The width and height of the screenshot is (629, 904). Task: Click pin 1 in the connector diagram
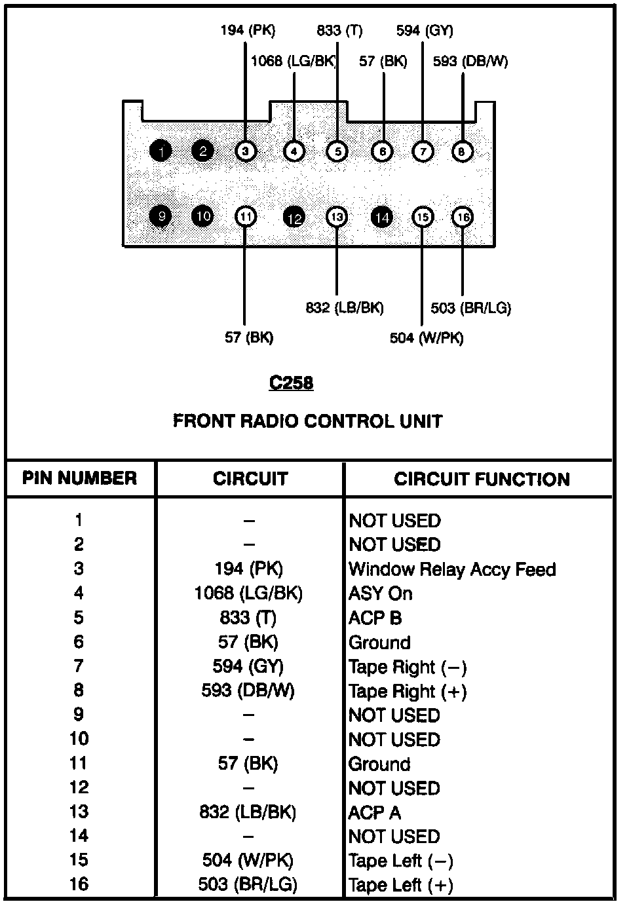(161, 151)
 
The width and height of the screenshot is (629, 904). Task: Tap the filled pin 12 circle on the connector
(294, 218)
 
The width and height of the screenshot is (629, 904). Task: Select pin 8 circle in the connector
(462, 151)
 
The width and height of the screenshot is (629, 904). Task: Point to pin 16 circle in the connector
(463, 217)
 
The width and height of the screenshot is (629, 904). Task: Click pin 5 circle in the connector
(337, 151)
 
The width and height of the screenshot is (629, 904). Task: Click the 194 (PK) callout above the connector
(248, 30)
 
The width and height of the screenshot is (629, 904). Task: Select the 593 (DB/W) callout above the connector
(470, 62)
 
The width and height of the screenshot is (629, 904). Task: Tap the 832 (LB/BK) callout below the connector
(345, 308)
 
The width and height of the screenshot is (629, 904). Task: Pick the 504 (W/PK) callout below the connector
(427, 338)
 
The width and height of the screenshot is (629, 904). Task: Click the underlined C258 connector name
(291, 383)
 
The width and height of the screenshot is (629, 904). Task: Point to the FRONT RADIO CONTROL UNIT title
(308, 421)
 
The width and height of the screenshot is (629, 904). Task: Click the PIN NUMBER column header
(79, 478)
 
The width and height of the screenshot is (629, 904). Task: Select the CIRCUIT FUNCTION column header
(482, 479)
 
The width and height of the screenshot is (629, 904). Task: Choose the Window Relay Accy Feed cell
(452, 569)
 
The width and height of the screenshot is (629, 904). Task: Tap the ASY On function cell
(380, 593)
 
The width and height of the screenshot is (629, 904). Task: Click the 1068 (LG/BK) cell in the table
(248, 593)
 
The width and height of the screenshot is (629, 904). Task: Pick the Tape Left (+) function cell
(400, 885)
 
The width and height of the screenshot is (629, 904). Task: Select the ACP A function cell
(374, 812)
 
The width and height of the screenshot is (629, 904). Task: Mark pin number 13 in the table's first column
(79, 812)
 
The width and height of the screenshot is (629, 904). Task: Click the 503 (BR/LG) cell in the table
(248, 884)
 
